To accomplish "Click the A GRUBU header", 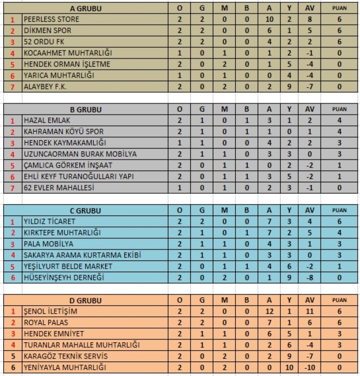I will pyautogui.click(x=83, y=8).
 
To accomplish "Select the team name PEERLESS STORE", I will pyautogui.click(x=52, y=19).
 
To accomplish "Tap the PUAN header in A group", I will pyautogui.click(x=339, y=8).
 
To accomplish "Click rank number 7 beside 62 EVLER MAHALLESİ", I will pyautogui.click(x=12, y=188).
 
